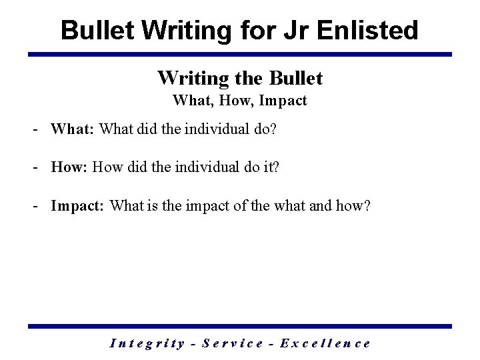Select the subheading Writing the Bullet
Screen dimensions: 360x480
pos(240,78)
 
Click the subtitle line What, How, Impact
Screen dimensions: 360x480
pos(240,101)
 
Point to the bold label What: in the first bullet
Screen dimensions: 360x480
pos(73,129)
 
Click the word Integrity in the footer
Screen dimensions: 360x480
pos(145,343)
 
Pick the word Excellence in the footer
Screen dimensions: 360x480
pos(325,343)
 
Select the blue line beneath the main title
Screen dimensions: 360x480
pos(240,54)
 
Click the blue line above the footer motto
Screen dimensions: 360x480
pos(240,326)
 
